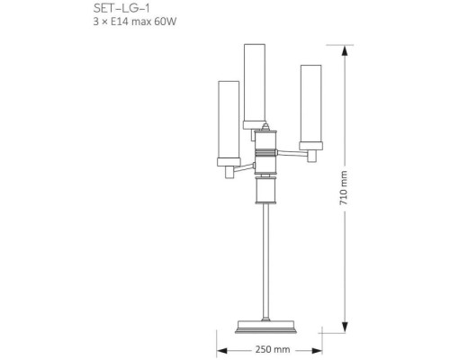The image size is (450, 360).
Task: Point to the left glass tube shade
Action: point(229,120)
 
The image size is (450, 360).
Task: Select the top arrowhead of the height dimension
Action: point(344,49)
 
